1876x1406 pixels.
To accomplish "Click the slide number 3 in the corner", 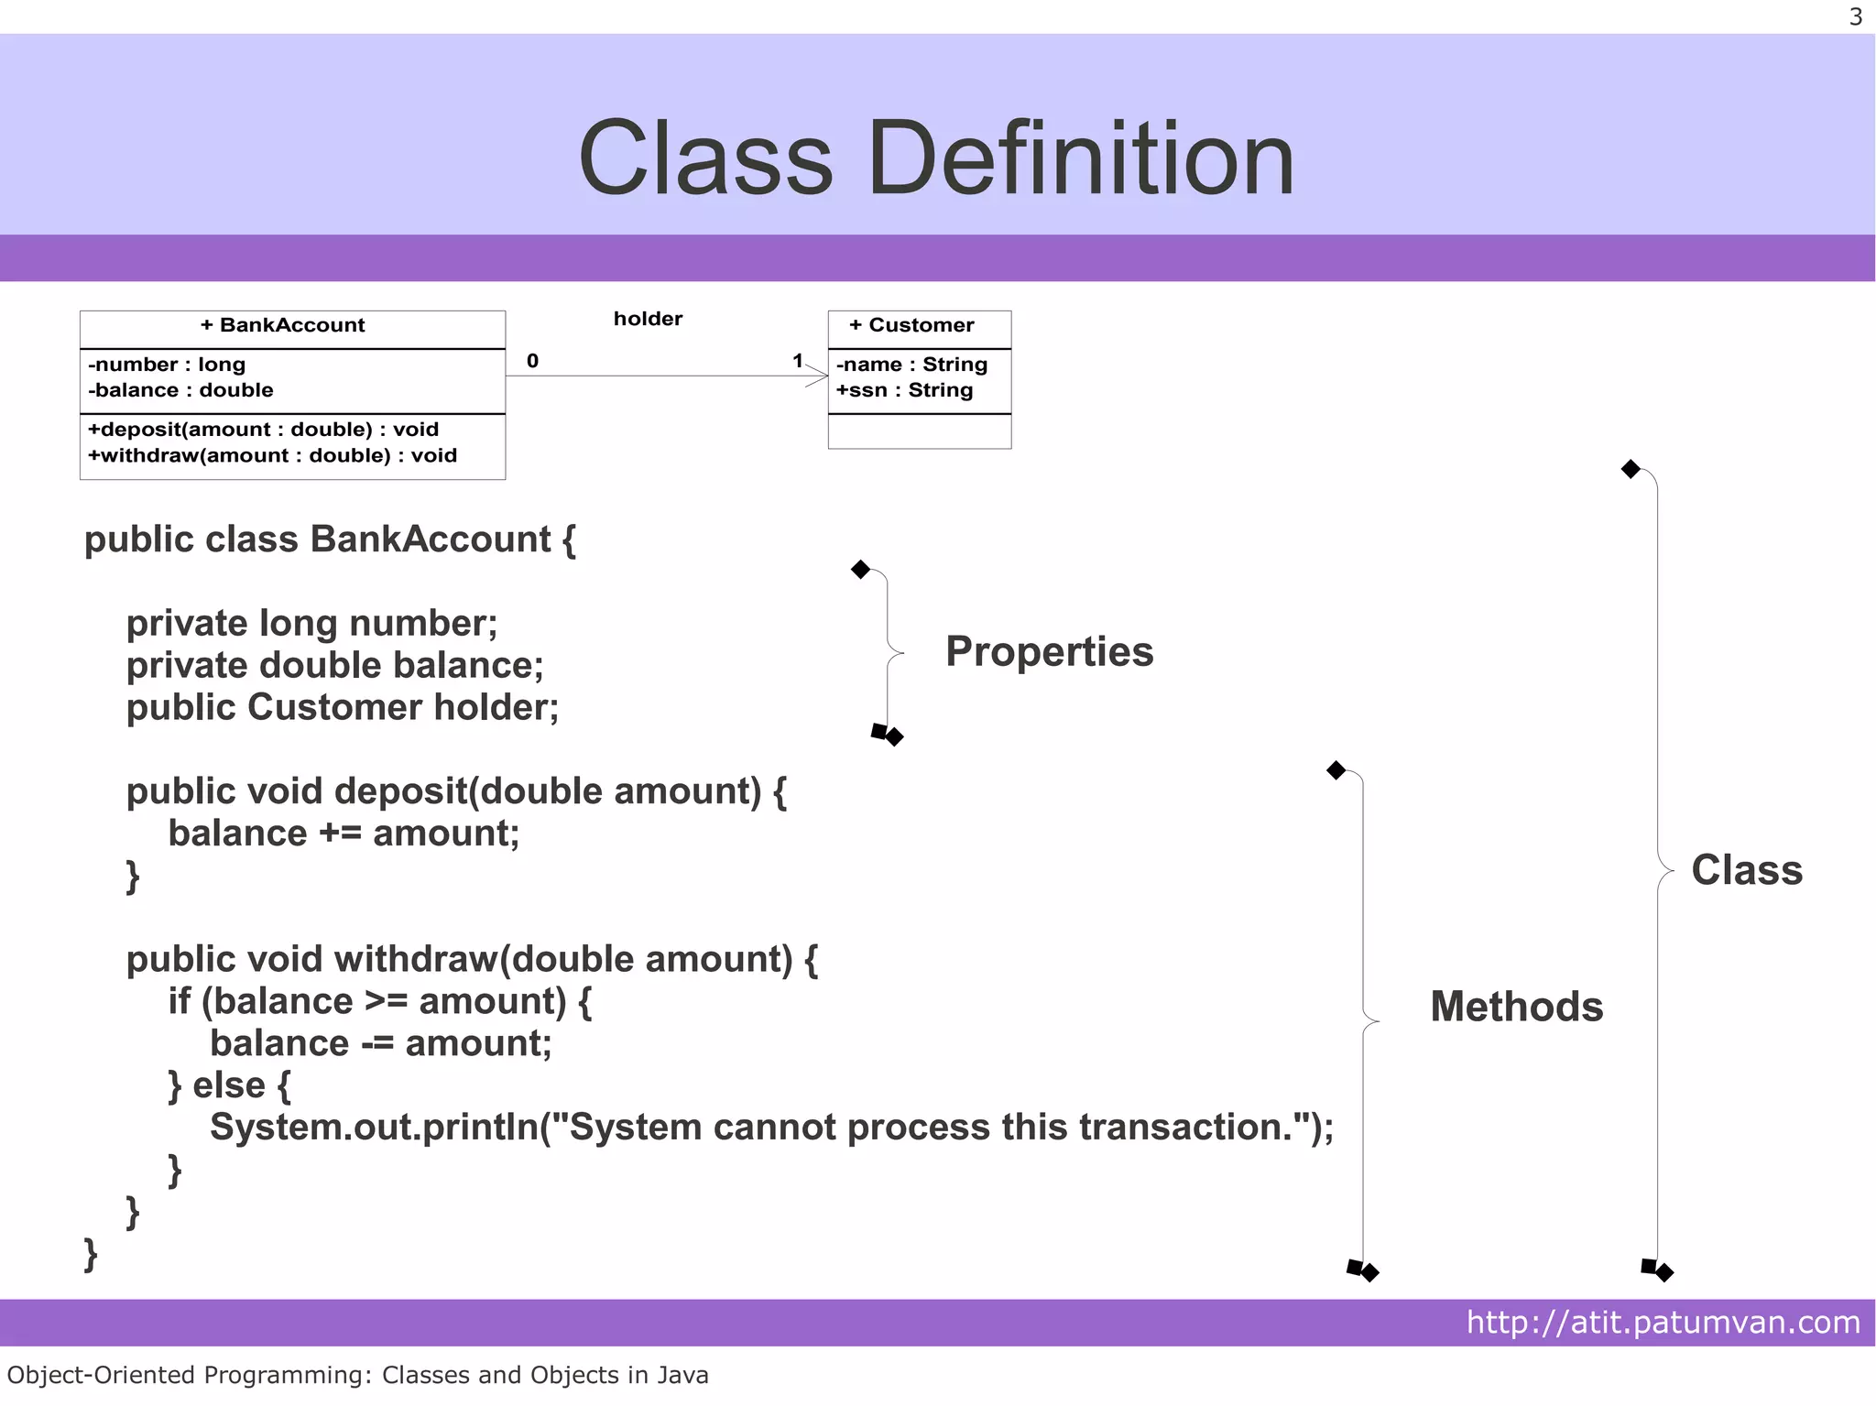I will [x=1855, y=17].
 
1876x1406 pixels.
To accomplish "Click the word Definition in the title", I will [x=1081, y=159].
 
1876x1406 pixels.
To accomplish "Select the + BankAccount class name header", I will [x=282, y=325].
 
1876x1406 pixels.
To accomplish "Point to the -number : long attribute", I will [x=167, y=365].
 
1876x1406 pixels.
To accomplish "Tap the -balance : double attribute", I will [x=180, y=390].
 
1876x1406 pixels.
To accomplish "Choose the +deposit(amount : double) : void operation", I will [x=263, y=430].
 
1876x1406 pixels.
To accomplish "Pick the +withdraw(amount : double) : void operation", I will [x=272, y=455].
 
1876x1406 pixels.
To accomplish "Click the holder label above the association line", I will [x=648, y=319].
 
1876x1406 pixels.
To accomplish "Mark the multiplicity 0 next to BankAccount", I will [x=532, y=361].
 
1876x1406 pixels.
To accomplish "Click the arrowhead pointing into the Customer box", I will [x=818, y=376].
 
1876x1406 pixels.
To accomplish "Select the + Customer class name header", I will [x=911, y=325].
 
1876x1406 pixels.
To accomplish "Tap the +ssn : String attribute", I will [x=904, y=390].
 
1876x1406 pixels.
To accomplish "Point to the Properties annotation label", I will [x=1049, y=651].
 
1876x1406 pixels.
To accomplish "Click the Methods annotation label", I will [x=1516, y=1007].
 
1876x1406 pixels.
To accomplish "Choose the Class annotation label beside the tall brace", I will [x=1746, y=870].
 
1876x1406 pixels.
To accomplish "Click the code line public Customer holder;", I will [x=343, y=707].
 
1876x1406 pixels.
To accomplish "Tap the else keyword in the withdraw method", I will [x=229, y=1085].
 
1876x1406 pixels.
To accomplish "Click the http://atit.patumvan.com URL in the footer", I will [x=1663, y=1322].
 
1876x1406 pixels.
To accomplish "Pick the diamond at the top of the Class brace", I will [x=1631, y=469].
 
